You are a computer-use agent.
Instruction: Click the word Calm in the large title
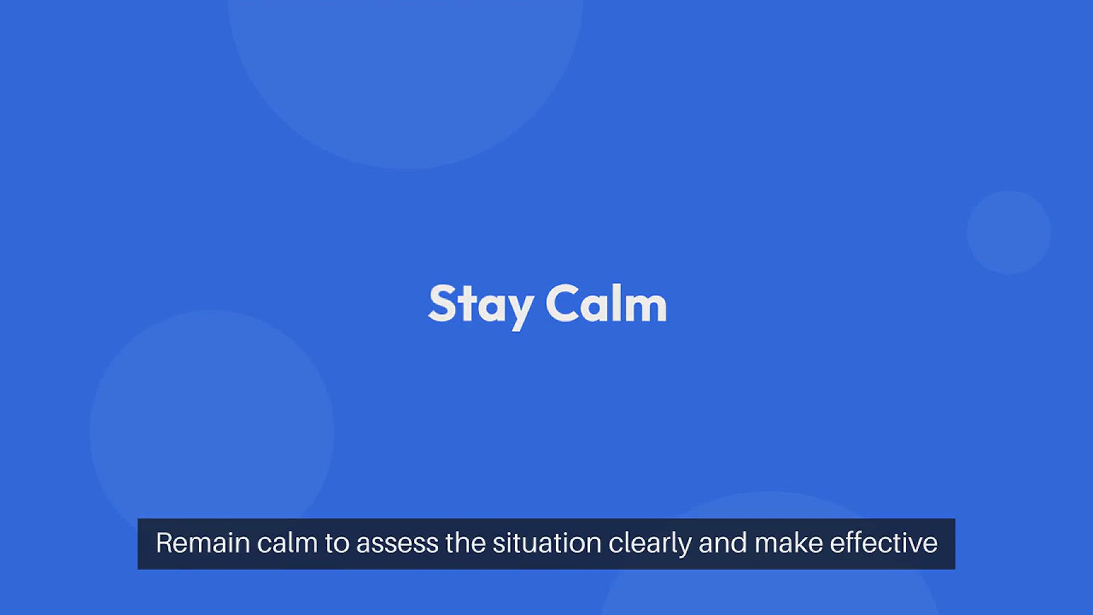point(606,304)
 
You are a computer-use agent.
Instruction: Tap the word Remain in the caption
point(203,543)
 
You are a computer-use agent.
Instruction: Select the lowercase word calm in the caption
point(287,543)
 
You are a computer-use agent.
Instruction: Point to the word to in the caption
point(337,544)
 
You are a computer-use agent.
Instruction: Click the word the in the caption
point(466,543)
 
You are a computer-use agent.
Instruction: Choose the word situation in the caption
point(547,543)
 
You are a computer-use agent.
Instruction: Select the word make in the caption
point(788,543)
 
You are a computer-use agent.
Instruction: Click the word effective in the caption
point(884,543)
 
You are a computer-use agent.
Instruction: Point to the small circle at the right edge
point(1009,232)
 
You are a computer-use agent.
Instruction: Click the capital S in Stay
point(442,304)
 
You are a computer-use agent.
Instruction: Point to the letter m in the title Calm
point(646,307)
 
